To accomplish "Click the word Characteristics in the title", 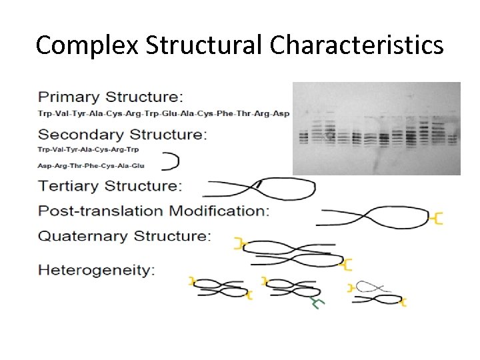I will (357, 45).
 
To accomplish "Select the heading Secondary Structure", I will (122, 134).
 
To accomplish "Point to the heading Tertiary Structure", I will (109, 185).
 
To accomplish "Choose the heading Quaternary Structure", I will (124, 236).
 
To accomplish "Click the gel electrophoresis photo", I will (376, 128).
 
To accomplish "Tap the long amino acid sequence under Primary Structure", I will (163, 113).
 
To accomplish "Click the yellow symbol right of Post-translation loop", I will (437, 218).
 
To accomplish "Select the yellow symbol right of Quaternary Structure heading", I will (237, 244).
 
